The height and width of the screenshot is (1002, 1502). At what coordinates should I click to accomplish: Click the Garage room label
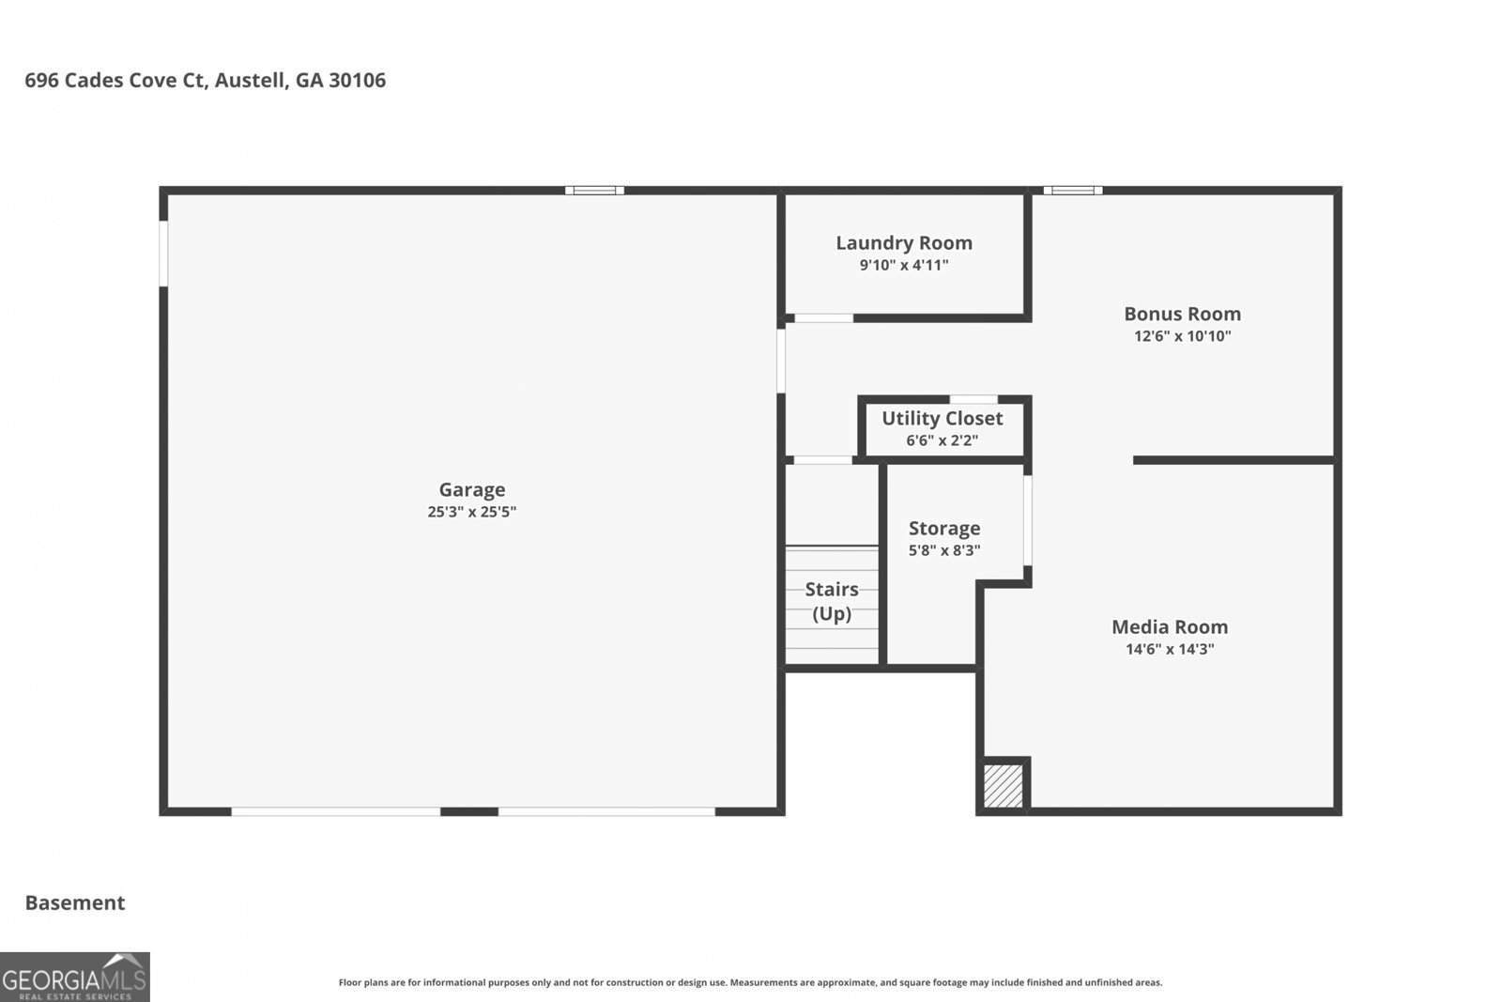(x=472, y=490)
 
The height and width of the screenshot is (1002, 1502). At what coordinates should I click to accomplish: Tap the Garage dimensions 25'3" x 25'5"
(x=472, y=512)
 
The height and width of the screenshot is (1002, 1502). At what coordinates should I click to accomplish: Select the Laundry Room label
(x=904, y=243)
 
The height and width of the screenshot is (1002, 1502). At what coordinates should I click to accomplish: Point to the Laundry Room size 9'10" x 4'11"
(x=904, y=265)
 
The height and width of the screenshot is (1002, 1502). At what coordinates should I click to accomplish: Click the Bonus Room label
(x=1182, y=314)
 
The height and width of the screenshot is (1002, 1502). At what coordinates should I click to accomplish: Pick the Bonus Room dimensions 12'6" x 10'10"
(x=1182, y=336)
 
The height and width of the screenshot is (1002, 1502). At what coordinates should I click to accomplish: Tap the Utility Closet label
(x=943, y=419)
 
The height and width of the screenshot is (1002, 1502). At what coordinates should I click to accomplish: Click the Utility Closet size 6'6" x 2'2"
(x=943, y=440)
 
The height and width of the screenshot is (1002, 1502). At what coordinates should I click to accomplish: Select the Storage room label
(x=944, y=529)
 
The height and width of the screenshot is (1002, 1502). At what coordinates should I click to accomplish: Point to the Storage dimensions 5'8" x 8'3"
(x=944, y=550)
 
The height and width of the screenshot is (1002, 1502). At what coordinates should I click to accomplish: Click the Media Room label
(x=1170, y=627)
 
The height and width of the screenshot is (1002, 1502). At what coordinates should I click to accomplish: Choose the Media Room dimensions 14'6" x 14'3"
(x=1170, y=649)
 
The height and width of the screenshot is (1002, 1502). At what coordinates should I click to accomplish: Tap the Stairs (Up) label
(x=832, y=602)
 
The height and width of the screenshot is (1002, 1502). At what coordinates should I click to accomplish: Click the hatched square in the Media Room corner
(x=1004, y=785)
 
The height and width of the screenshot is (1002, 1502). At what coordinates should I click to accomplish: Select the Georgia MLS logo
(x=74, y=978)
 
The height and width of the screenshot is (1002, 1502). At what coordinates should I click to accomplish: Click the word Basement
(x=75, y=902)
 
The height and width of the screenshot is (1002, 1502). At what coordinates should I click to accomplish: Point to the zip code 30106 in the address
(x=358, y=81)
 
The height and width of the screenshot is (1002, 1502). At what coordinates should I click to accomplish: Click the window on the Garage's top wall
(x=595, y=191)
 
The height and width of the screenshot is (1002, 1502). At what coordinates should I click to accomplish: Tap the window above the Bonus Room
(x=1073, y=191)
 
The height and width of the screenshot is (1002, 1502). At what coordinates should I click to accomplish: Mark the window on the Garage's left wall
(x=163, y=254)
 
